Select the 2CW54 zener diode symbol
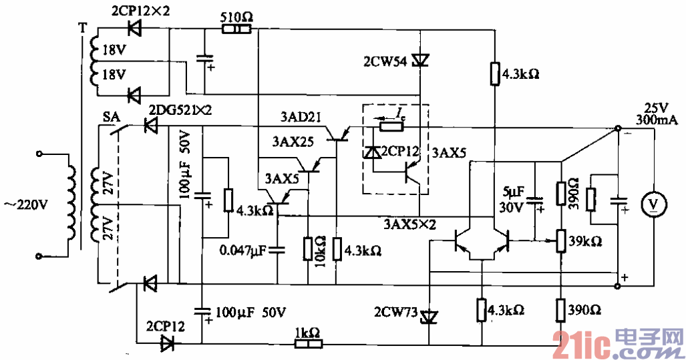pos(419,61)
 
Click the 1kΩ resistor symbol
pos(309,344)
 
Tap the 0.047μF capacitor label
pos(242,250)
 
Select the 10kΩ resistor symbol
pos(308,249)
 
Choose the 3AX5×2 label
pos(410,223)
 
